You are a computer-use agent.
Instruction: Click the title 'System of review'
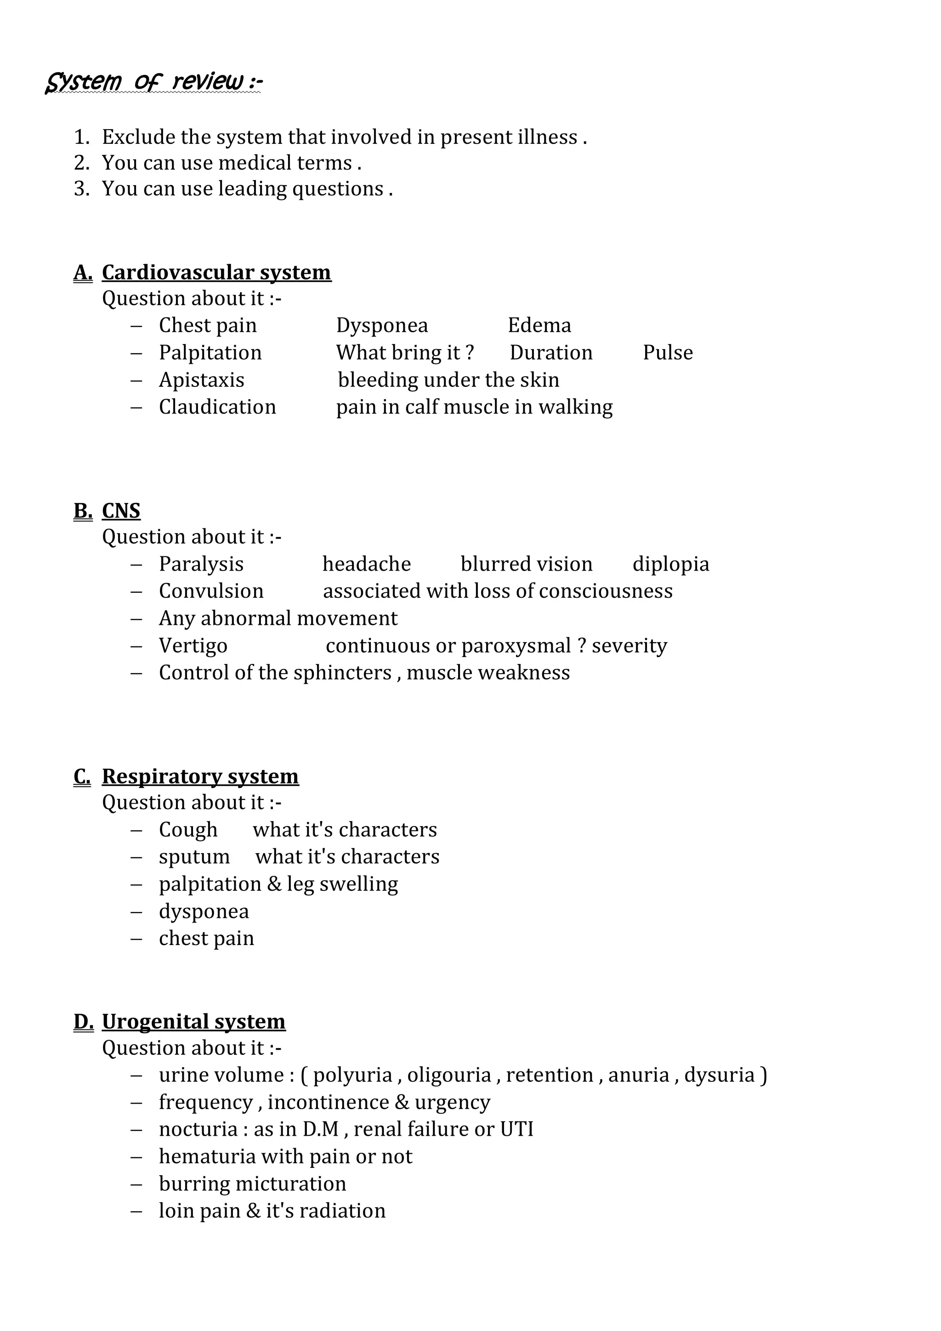(x=153, y=82)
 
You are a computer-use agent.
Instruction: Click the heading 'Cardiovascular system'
(x=216, y=272)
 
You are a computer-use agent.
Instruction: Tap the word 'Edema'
(x=539, y=325)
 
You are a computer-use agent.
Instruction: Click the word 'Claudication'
(x=217, y=407)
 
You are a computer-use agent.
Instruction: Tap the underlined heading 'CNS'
(x=121, y=511)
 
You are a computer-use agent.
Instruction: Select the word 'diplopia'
(x=670, y=564)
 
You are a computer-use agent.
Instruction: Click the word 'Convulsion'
(x=211, y=591)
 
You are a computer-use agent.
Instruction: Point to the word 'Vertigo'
(x=193, y=646)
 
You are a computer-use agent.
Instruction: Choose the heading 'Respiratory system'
(x=200, y=776)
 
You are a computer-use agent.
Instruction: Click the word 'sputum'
(x=194, y=857)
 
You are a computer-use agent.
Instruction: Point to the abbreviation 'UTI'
(x=516, y=1129)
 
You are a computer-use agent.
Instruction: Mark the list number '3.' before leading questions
(x=82, y=189)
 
